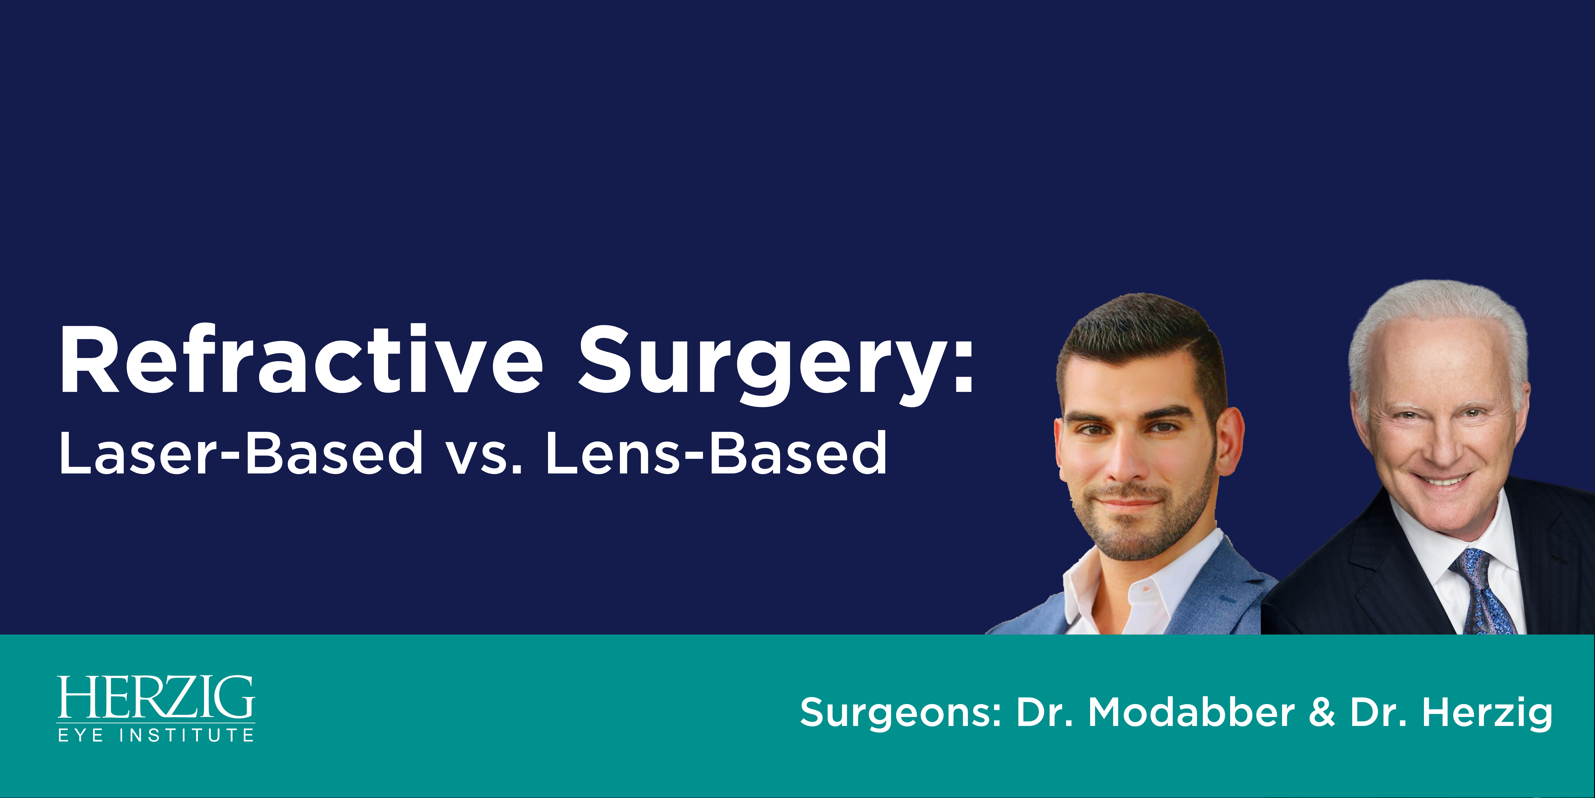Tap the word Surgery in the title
760,366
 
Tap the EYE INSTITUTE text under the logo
155,735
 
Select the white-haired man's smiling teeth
1443,480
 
